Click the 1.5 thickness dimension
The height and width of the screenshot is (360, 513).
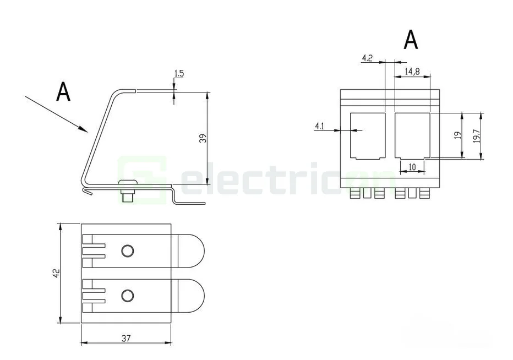point(178,73)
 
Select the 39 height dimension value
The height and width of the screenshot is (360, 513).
point(203,139)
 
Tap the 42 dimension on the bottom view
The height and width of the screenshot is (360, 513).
point(56,274)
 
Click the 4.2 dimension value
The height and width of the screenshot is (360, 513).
point(368,58)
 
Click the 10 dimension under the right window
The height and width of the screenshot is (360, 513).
point(412,166)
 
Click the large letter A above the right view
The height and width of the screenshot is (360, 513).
point(411,40)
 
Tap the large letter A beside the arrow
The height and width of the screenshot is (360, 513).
point(63,92)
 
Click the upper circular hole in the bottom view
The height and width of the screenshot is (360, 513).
point(127,251)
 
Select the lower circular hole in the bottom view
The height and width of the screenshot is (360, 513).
point(127,296)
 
